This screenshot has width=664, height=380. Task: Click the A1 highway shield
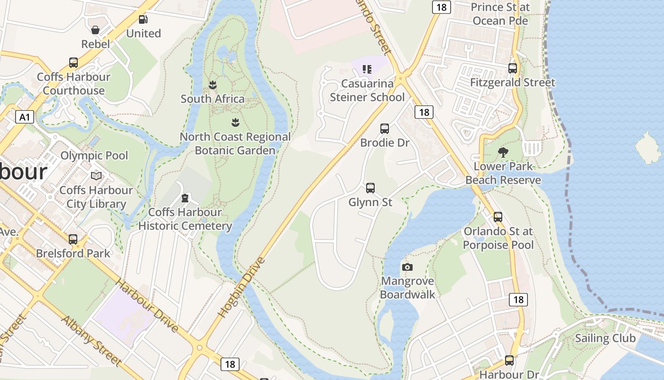pos(25,117)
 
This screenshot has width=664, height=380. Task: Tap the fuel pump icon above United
pos(143,19)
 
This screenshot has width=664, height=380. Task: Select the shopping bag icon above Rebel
pos(95,30)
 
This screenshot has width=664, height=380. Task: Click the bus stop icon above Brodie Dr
pos(385,129)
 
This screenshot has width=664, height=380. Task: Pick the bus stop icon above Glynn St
pos(370,188)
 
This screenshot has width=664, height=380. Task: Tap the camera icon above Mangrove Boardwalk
pos(407,267)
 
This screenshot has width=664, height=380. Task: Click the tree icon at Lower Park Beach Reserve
pos(503,152)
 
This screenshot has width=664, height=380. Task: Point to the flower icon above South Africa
pos(212,85)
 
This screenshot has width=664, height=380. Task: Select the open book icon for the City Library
pos(96,176)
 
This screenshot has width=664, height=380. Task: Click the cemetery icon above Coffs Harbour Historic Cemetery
pos(185,198)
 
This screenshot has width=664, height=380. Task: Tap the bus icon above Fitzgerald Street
pos(513,68)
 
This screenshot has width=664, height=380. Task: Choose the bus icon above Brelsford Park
pos(73,239)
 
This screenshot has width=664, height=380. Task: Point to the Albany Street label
pos(92,341)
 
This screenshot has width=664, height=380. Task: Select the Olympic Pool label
pos(94,155)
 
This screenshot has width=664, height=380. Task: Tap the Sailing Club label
pos(605,338)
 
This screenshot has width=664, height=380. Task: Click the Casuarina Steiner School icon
pos(367,70)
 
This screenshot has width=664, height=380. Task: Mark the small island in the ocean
pos(647,147)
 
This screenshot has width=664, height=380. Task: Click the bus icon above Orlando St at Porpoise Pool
pos(498,217)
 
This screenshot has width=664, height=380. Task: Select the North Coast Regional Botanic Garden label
pos(235,143)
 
